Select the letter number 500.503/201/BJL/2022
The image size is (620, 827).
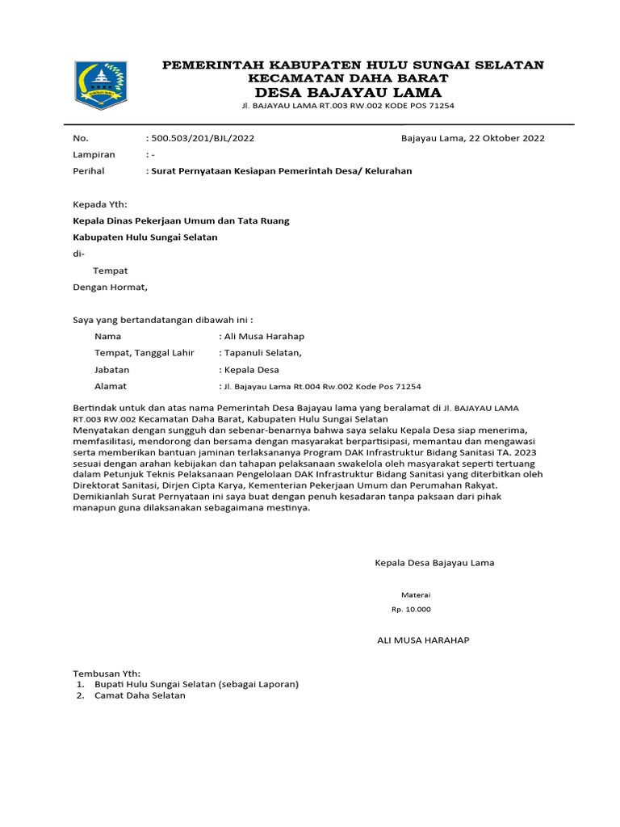(x=202, y=138)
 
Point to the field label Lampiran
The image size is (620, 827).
(x=94, y=154)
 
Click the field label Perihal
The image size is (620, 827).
(x=89, y=171)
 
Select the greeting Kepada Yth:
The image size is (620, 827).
(x=100, y=204)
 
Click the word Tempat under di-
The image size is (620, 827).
(x=110, y=271)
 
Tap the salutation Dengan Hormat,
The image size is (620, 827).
(x=111, y=287)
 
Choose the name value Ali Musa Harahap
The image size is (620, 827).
(x=264, y=336)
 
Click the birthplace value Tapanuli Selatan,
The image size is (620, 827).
(x=262, y=353)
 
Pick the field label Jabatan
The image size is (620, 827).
(x=112, y=370)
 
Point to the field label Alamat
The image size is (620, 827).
(x=111, y=386)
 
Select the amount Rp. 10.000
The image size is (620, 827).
(x=411, y=610)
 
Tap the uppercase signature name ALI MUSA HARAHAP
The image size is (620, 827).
(x=423, y=640)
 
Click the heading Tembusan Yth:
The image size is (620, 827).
(x=107, y=673)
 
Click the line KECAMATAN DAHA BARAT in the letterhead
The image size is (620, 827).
(x=348, y=78)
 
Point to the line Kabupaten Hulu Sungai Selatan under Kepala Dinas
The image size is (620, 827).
(x=145, y=237)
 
